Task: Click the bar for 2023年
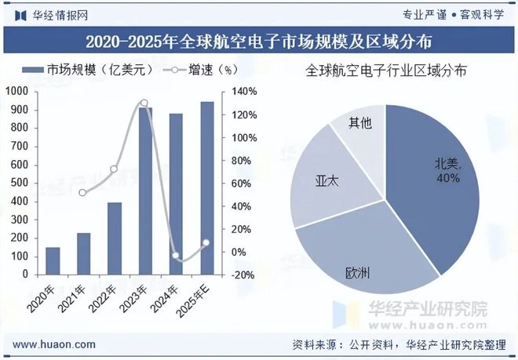(144, 191)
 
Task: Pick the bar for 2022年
(115, 238)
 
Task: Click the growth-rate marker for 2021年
(83, 192)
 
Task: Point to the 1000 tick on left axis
(16, 92)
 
